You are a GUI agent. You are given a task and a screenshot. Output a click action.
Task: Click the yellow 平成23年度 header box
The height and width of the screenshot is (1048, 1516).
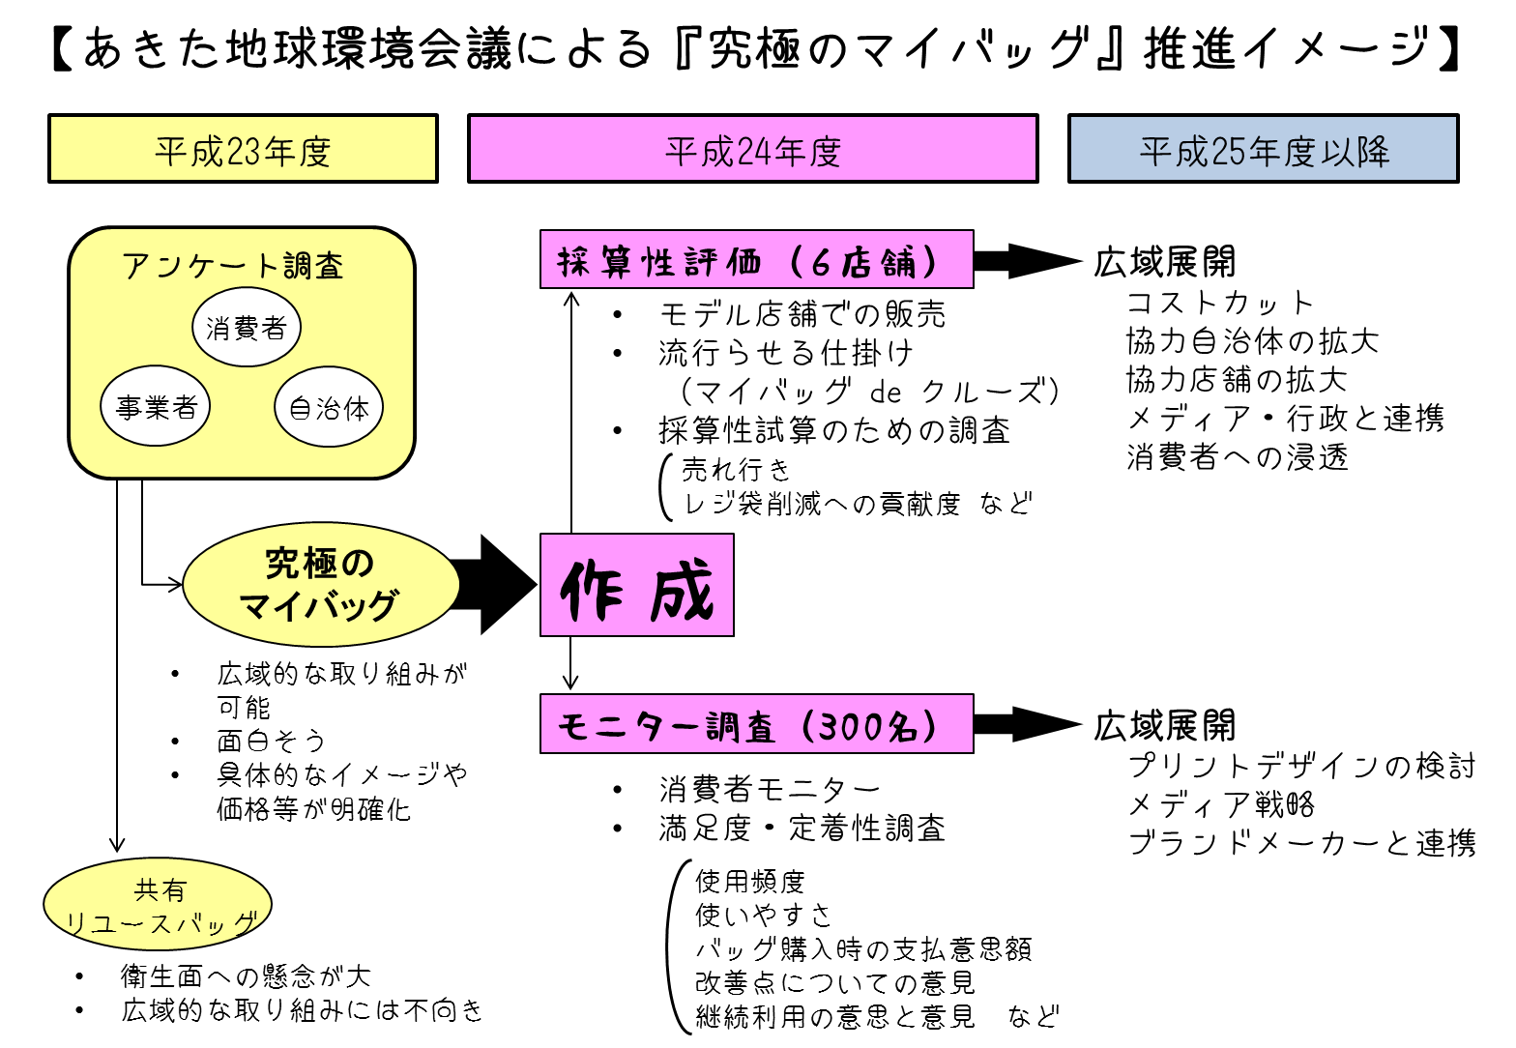(243, 149)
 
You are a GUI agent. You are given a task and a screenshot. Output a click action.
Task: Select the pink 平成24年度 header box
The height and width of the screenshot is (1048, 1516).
(752, 149)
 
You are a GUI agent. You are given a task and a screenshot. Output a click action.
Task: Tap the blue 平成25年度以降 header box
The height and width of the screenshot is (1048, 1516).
(1263, 149)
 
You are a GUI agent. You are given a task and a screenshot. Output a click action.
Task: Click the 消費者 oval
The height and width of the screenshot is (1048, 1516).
(247, 328)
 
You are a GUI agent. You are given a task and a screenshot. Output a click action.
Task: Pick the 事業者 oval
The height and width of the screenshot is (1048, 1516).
(156, 406)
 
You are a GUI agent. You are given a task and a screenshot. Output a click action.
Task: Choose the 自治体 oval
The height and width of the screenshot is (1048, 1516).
(329, 407)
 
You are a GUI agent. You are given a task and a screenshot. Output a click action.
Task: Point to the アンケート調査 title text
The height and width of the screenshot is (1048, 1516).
(233, 266)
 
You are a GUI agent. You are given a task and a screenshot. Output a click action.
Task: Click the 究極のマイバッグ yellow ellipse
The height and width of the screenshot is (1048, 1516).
(321, 584)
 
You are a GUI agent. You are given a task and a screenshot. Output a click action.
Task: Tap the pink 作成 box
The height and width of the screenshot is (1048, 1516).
(636, 585)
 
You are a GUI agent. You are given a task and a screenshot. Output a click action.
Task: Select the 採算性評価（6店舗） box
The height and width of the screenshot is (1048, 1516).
(756, 259)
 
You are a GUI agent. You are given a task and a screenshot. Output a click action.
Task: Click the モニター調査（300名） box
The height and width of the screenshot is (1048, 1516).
(756, 723)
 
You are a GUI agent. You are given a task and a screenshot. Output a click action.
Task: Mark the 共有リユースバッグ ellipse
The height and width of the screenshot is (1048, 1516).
(158, 904)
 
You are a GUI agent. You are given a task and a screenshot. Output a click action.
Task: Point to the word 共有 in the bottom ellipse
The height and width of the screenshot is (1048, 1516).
(160, 889)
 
